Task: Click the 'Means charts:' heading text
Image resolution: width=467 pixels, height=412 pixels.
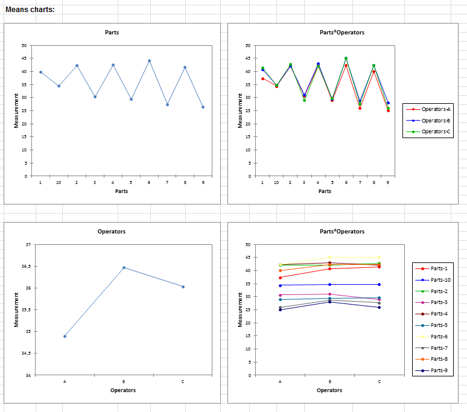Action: [x=30, y=10]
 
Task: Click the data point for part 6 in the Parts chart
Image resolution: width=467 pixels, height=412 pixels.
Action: [x=149, y=61]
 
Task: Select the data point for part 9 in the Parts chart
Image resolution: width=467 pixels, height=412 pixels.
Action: [x=203, y=107]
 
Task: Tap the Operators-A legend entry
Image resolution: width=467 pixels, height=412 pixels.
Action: [x=436, y=109]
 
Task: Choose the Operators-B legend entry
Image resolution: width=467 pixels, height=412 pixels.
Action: [x=436, y=121]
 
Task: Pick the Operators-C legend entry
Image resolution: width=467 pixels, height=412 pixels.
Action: [x=436, y=132]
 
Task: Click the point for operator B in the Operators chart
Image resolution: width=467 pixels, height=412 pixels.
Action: [x=124, y=267]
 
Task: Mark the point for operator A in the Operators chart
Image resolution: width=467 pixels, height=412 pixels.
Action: [x=65, y=336]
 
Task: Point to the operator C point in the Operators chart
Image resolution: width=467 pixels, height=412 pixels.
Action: [x=183, y=287]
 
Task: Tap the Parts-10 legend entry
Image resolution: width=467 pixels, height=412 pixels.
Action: [x=440, y=280]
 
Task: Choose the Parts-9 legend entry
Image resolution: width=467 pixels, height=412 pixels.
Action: [x=439, y=370]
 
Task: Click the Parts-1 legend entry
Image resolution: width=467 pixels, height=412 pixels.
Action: [x=439, y=268]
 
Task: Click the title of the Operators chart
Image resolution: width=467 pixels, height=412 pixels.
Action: [x=112, y=231]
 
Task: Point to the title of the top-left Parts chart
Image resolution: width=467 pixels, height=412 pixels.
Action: [x=112, y=32]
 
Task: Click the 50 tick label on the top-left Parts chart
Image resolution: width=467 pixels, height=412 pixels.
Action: [x=24, y=45]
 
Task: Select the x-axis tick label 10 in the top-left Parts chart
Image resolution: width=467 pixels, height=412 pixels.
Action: [x=59, y=182]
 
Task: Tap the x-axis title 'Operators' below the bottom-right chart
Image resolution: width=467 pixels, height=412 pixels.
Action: [x=329, y=390]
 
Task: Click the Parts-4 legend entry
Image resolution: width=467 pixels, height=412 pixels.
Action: [x=439, y=314]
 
